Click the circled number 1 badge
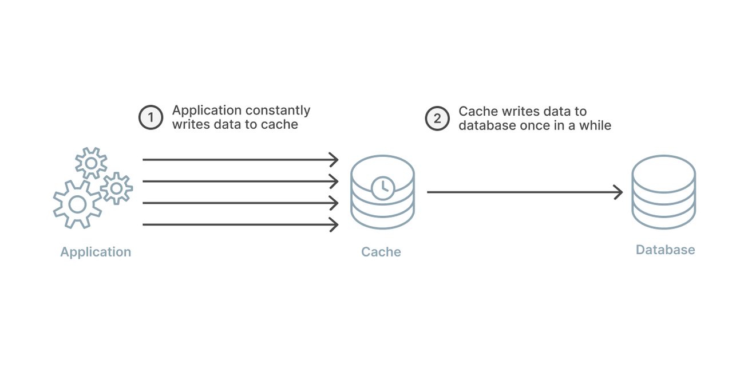151,118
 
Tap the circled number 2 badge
437,118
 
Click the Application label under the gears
96,252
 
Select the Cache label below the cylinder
381,252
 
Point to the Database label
666,250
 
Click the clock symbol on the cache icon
382,187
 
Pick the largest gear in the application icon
77,204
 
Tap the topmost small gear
91,163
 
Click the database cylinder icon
663,192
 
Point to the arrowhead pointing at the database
619,192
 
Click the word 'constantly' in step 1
279,110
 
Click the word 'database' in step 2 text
486,125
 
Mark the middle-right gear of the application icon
117,188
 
